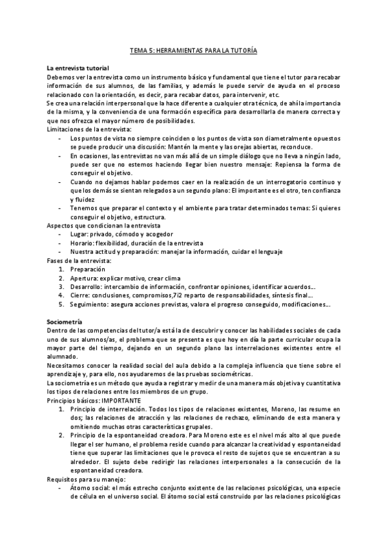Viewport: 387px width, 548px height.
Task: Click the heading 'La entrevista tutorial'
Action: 78,68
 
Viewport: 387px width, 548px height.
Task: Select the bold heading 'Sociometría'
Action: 65,321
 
